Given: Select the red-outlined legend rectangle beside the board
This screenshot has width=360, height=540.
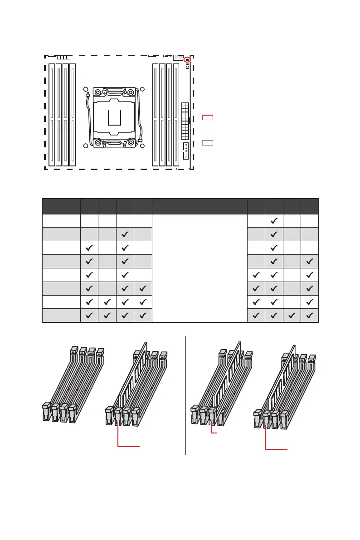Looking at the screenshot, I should click(x=207, y=118).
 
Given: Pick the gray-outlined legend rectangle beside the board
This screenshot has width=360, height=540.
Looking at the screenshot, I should click(x=207, y=143).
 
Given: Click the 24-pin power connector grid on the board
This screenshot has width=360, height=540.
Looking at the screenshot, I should click(x=185, y=121).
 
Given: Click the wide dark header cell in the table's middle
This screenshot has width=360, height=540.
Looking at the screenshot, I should click(x=199, y=206).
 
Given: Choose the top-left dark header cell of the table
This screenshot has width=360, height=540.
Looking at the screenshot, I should click(x=61, y=206).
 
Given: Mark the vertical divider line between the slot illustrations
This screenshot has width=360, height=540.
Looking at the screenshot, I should click(x=186, y=394).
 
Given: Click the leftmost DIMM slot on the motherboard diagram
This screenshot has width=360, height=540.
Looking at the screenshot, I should click(x=52, y=114).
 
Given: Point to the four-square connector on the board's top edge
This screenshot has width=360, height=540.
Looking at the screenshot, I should click(x=63, y=58).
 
